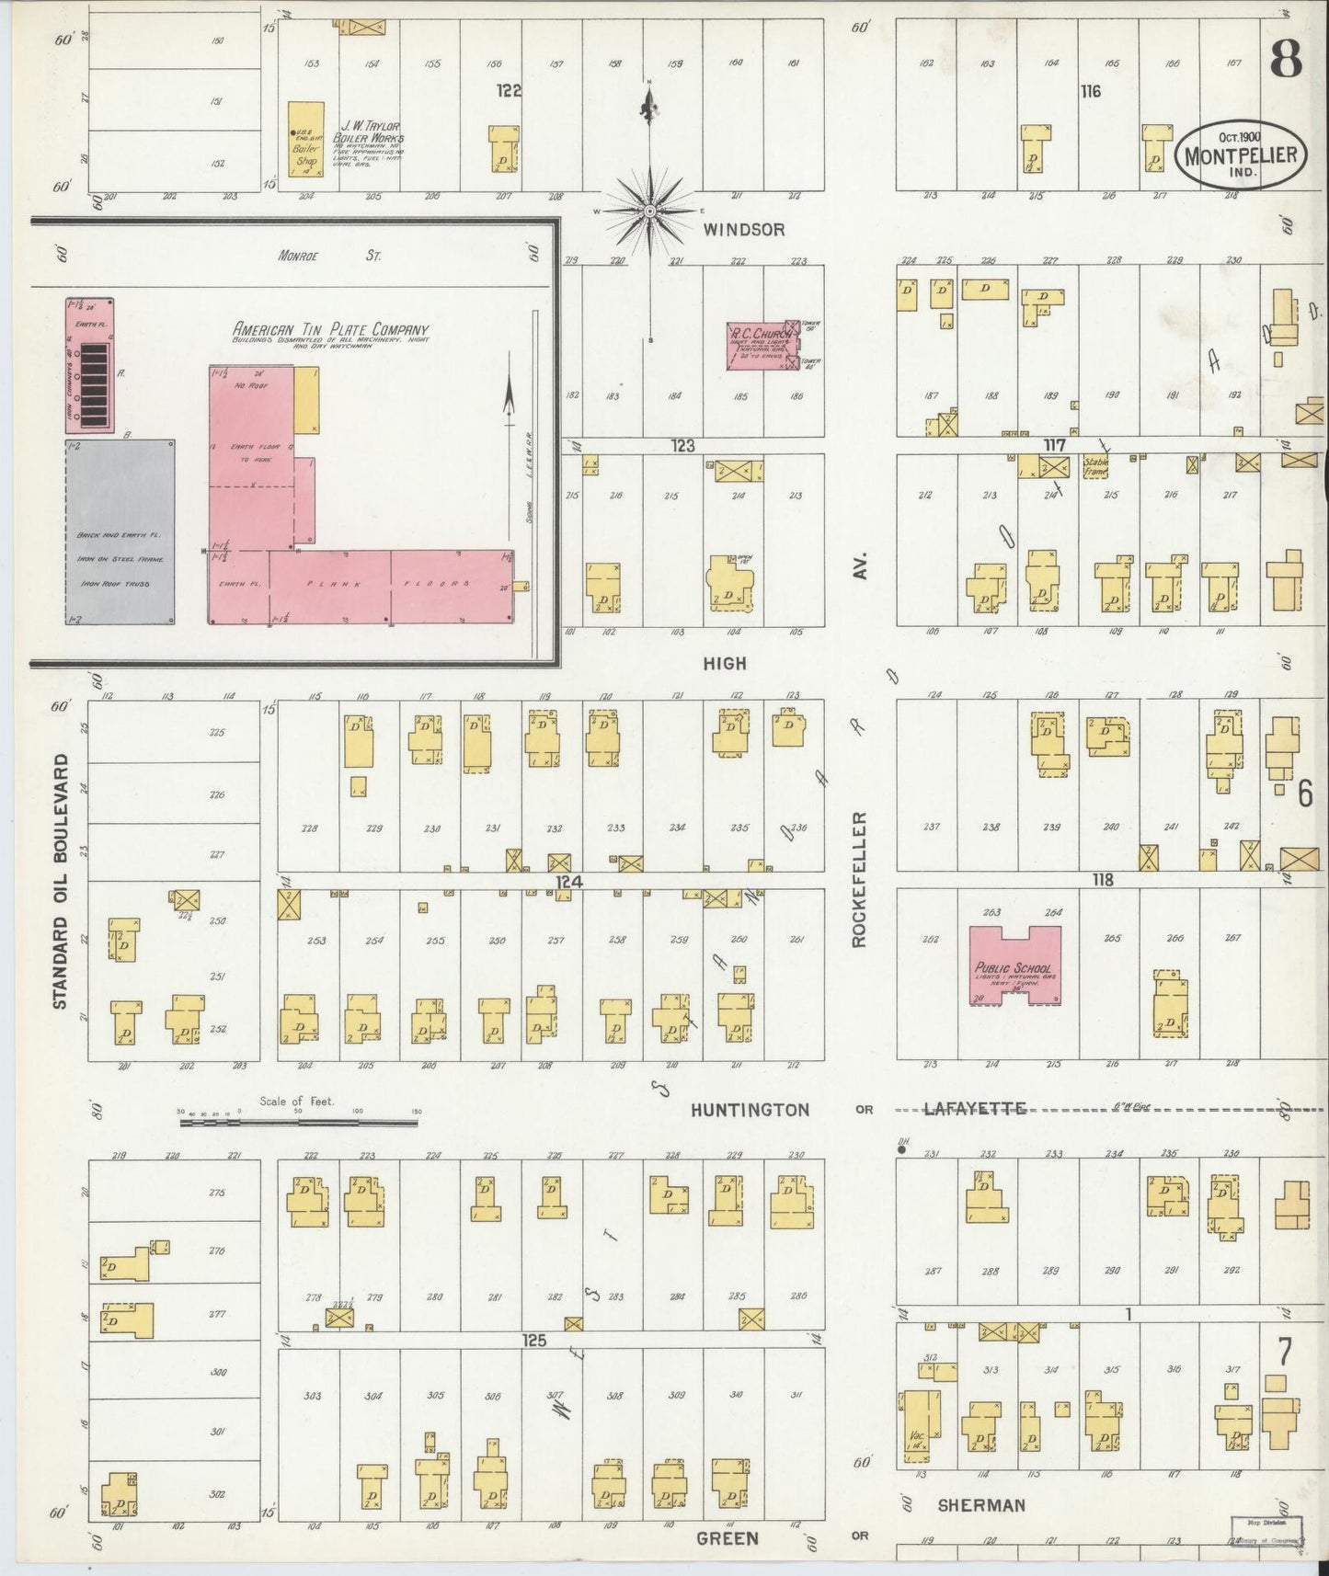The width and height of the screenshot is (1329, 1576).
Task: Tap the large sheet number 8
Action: click(x=1285, y=61)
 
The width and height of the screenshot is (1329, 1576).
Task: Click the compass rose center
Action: click(x=650, y=211)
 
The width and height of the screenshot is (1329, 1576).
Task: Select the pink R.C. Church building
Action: click(x=760, y=346)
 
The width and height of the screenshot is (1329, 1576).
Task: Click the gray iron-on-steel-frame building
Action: click(x=120, y=532)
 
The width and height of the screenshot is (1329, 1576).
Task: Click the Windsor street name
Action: click(x=743, y=230)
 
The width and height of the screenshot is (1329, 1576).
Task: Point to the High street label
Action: click(x=725, y=663)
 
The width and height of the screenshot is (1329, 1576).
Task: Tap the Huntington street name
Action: click(x=750, y=1109)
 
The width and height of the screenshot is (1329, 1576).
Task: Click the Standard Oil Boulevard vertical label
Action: click(x=61, y=881)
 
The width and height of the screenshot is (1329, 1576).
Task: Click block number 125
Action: click(x=534, y=1341)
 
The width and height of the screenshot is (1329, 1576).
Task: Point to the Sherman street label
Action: click(x=980, y=1505)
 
